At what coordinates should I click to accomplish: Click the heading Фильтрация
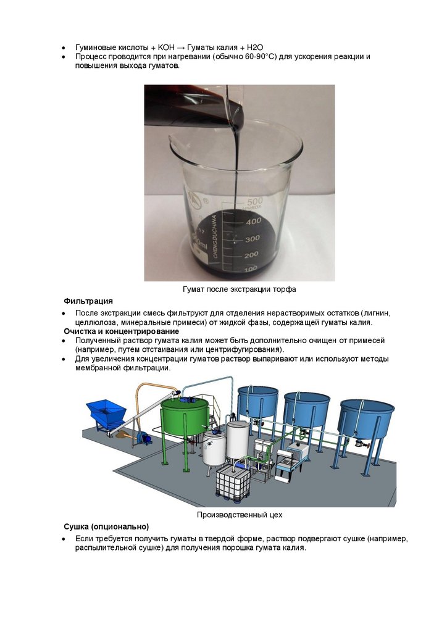(88, 301)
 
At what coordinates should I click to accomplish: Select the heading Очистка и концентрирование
(122, 331)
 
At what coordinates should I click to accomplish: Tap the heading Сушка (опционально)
(106, 526)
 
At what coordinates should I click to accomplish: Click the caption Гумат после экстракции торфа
(240, 289)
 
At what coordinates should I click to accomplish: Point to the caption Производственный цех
(240, 515)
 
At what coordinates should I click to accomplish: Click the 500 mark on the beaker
(255, 201)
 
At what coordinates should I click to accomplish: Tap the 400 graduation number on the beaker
(254, 221)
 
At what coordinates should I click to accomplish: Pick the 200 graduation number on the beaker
(251, 255)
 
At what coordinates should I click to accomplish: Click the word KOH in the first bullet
(167, 48)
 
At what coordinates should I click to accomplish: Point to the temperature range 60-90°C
(261, 56)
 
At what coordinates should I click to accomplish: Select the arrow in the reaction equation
(181, 48)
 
